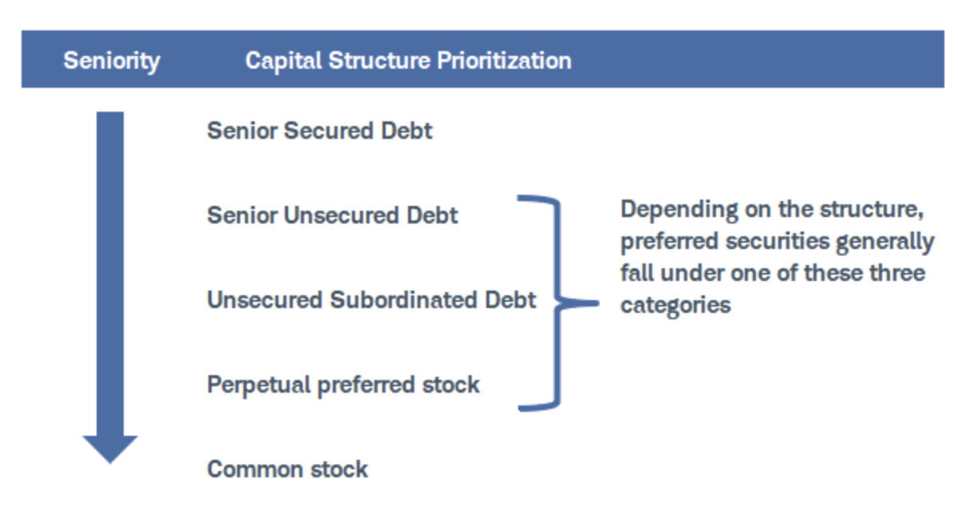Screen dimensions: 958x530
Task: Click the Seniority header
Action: coord(112,61)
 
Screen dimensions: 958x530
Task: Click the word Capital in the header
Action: coord(283,61)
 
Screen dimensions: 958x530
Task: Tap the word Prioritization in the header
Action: coord(504,61)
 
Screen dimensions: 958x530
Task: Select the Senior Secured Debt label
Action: coord(319,130)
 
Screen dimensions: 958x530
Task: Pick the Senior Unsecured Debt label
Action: coord(332,216)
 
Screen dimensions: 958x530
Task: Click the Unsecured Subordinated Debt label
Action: coord(371,300)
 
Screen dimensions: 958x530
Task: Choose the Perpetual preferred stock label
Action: coord(343,386)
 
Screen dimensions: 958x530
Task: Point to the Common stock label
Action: coord(287,469)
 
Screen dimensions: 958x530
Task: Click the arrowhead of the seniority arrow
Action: coord(110,449)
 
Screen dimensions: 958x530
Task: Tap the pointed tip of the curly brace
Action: coord(597,303)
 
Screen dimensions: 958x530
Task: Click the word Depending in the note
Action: coord(679,211)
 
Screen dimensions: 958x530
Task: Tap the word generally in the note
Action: coord(885,242)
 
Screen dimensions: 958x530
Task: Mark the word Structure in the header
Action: coord(379,61)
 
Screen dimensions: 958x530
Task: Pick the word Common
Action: coord(255,469)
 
